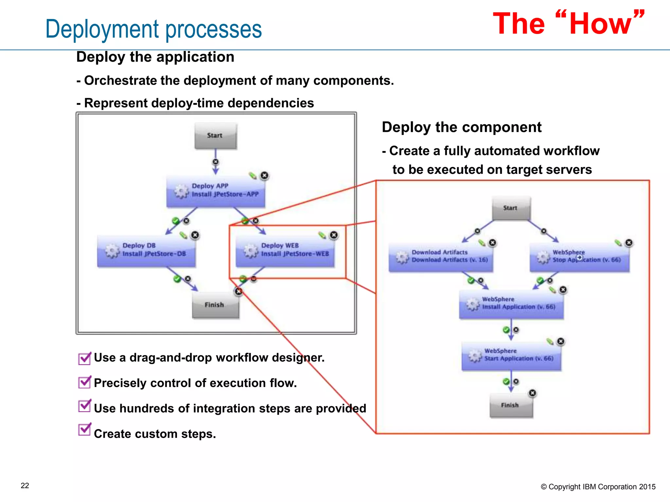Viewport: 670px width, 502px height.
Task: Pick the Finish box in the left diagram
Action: [x=215, y=305]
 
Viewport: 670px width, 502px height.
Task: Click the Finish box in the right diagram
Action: [x=511, y=405]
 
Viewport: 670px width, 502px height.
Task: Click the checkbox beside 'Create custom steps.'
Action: [x=84, y=430]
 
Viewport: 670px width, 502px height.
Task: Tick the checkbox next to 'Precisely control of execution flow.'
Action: [x=84, y=382]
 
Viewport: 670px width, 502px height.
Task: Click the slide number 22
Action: [x=25, y=486]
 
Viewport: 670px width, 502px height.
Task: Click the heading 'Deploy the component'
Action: [x=461, y=127]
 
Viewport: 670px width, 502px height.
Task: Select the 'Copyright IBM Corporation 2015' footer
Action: [x=598, y=487]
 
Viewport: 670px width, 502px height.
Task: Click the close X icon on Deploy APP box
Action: [x=264, y=176]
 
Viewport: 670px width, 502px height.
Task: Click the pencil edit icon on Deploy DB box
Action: [x=184, y=235]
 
